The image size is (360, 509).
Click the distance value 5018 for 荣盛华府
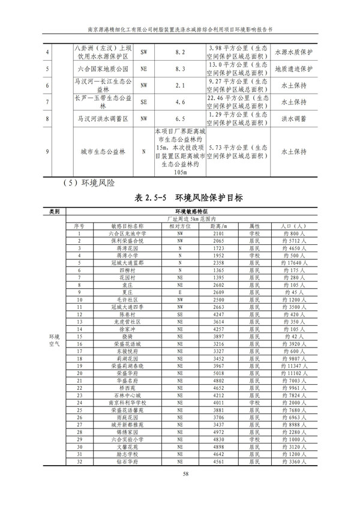pyautogui.click(x=218, y=372)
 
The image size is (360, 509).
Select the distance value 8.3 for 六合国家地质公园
pyautogui.click(x=180, y=69)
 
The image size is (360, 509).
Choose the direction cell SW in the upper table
pyautogui.click(x=143, y=52)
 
